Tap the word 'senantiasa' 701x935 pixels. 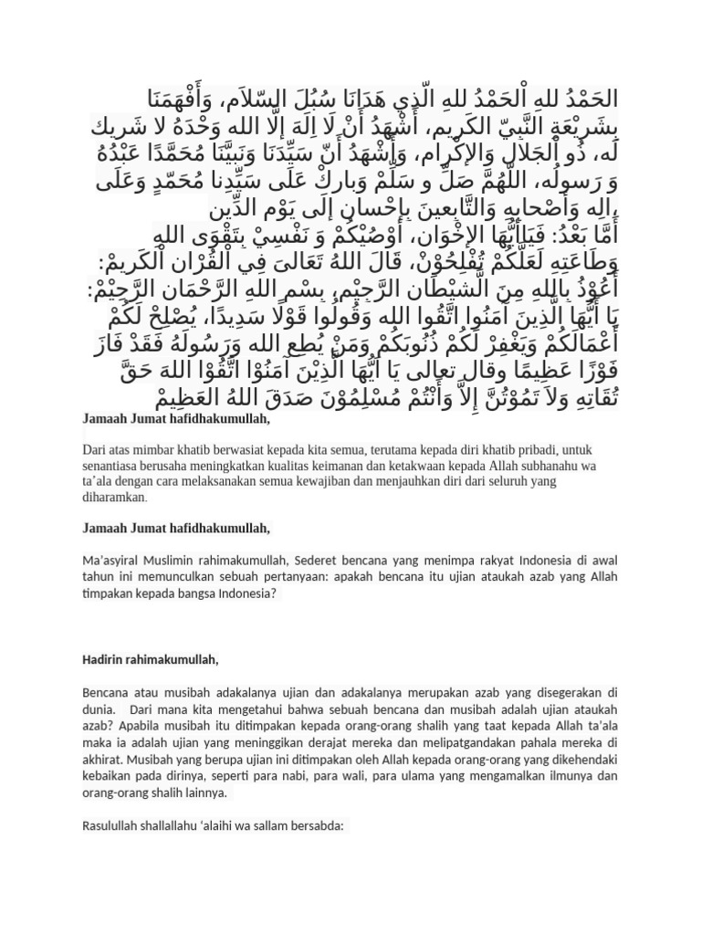tap(111, 466)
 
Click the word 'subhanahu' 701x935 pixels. tap(539, 466)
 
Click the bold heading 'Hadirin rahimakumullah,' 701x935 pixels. tap(151, 659)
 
